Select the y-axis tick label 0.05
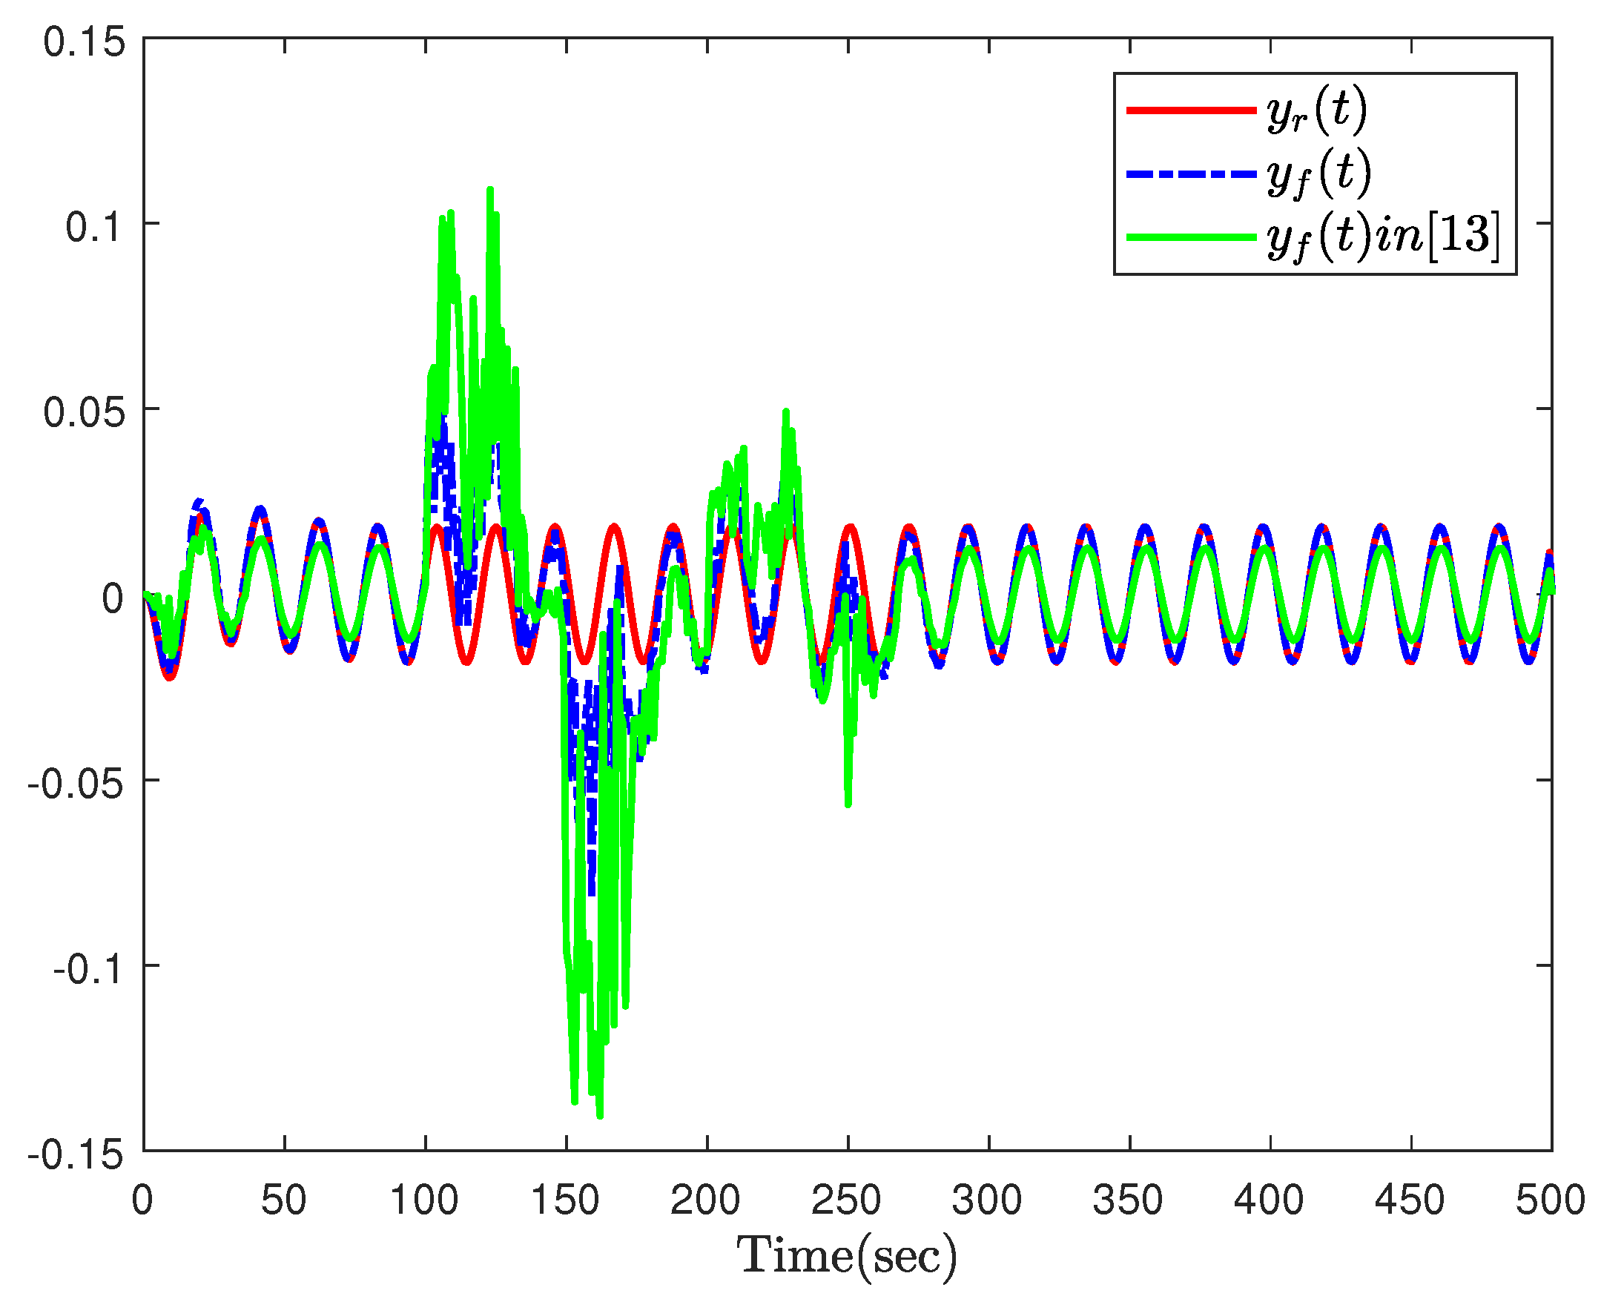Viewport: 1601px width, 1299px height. [x=84, y=411]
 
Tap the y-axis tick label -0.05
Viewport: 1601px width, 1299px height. [x=76, y=784]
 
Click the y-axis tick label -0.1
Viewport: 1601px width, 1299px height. [x=88, y=969]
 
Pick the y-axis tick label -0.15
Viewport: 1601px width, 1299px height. [x=76, y=1154]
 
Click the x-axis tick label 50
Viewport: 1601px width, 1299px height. [x=284, y=1200]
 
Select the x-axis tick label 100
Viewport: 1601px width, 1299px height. [x=424, y=1200]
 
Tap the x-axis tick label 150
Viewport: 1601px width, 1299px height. [x=565, y=1200]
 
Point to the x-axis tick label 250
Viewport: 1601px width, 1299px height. [x=847, y=1200]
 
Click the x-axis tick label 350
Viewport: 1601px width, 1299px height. [x=1128, y=1200]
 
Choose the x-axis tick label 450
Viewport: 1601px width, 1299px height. [x=1410, y=1200]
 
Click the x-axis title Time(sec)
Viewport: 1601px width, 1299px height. [x=847, y=1255]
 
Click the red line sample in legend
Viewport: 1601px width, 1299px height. [x=1191, y=110]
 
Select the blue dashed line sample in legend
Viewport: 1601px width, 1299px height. [x=1191, y=173]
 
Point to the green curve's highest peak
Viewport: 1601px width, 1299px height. [x=490, y=190]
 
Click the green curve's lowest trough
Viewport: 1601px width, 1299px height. [x=600, y=1116]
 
